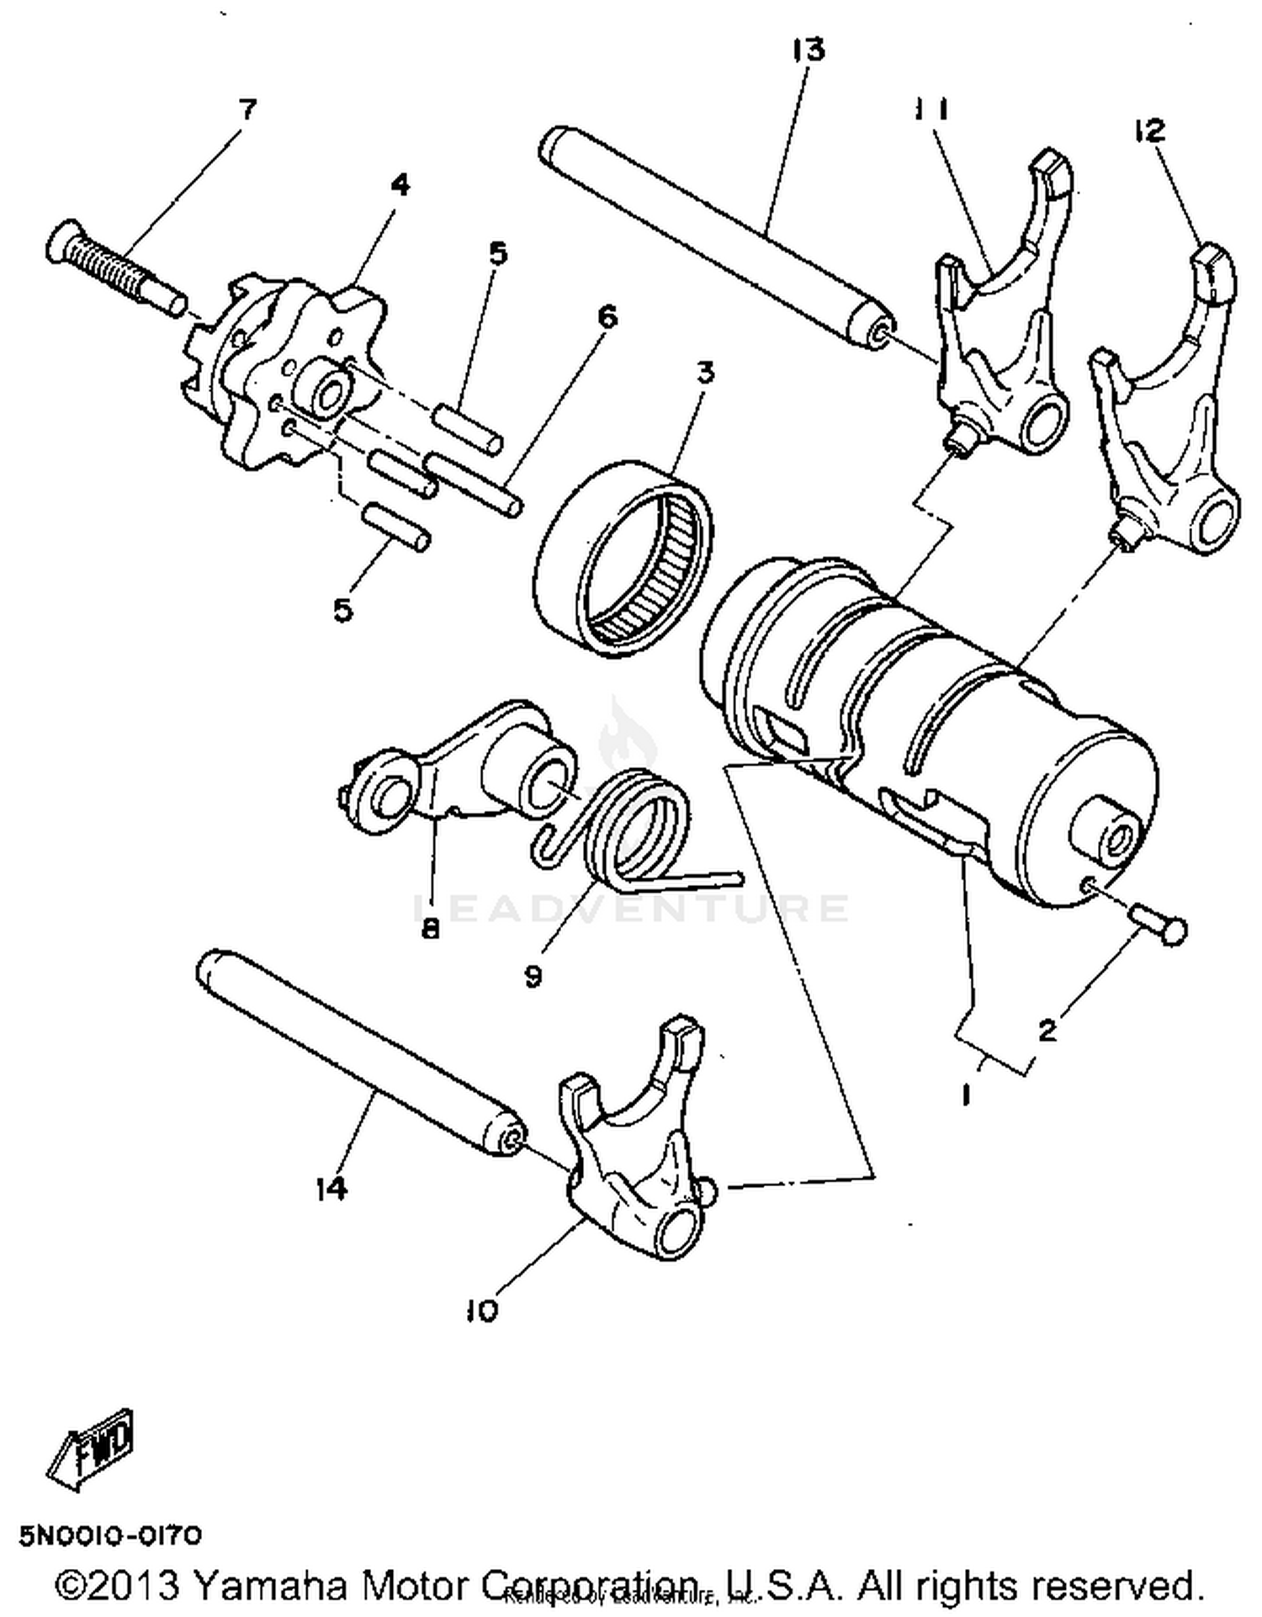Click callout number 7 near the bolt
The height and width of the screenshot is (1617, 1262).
point(247,109)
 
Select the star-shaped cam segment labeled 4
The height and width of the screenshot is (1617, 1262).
point(278,370)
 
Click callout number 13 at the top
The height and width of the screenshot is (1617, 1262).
point(809,50)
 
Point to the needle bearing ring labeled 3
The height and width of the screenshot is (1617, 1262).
point(623,559)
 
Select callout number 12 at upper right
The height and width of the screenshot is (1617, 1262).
point(1149,130)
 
